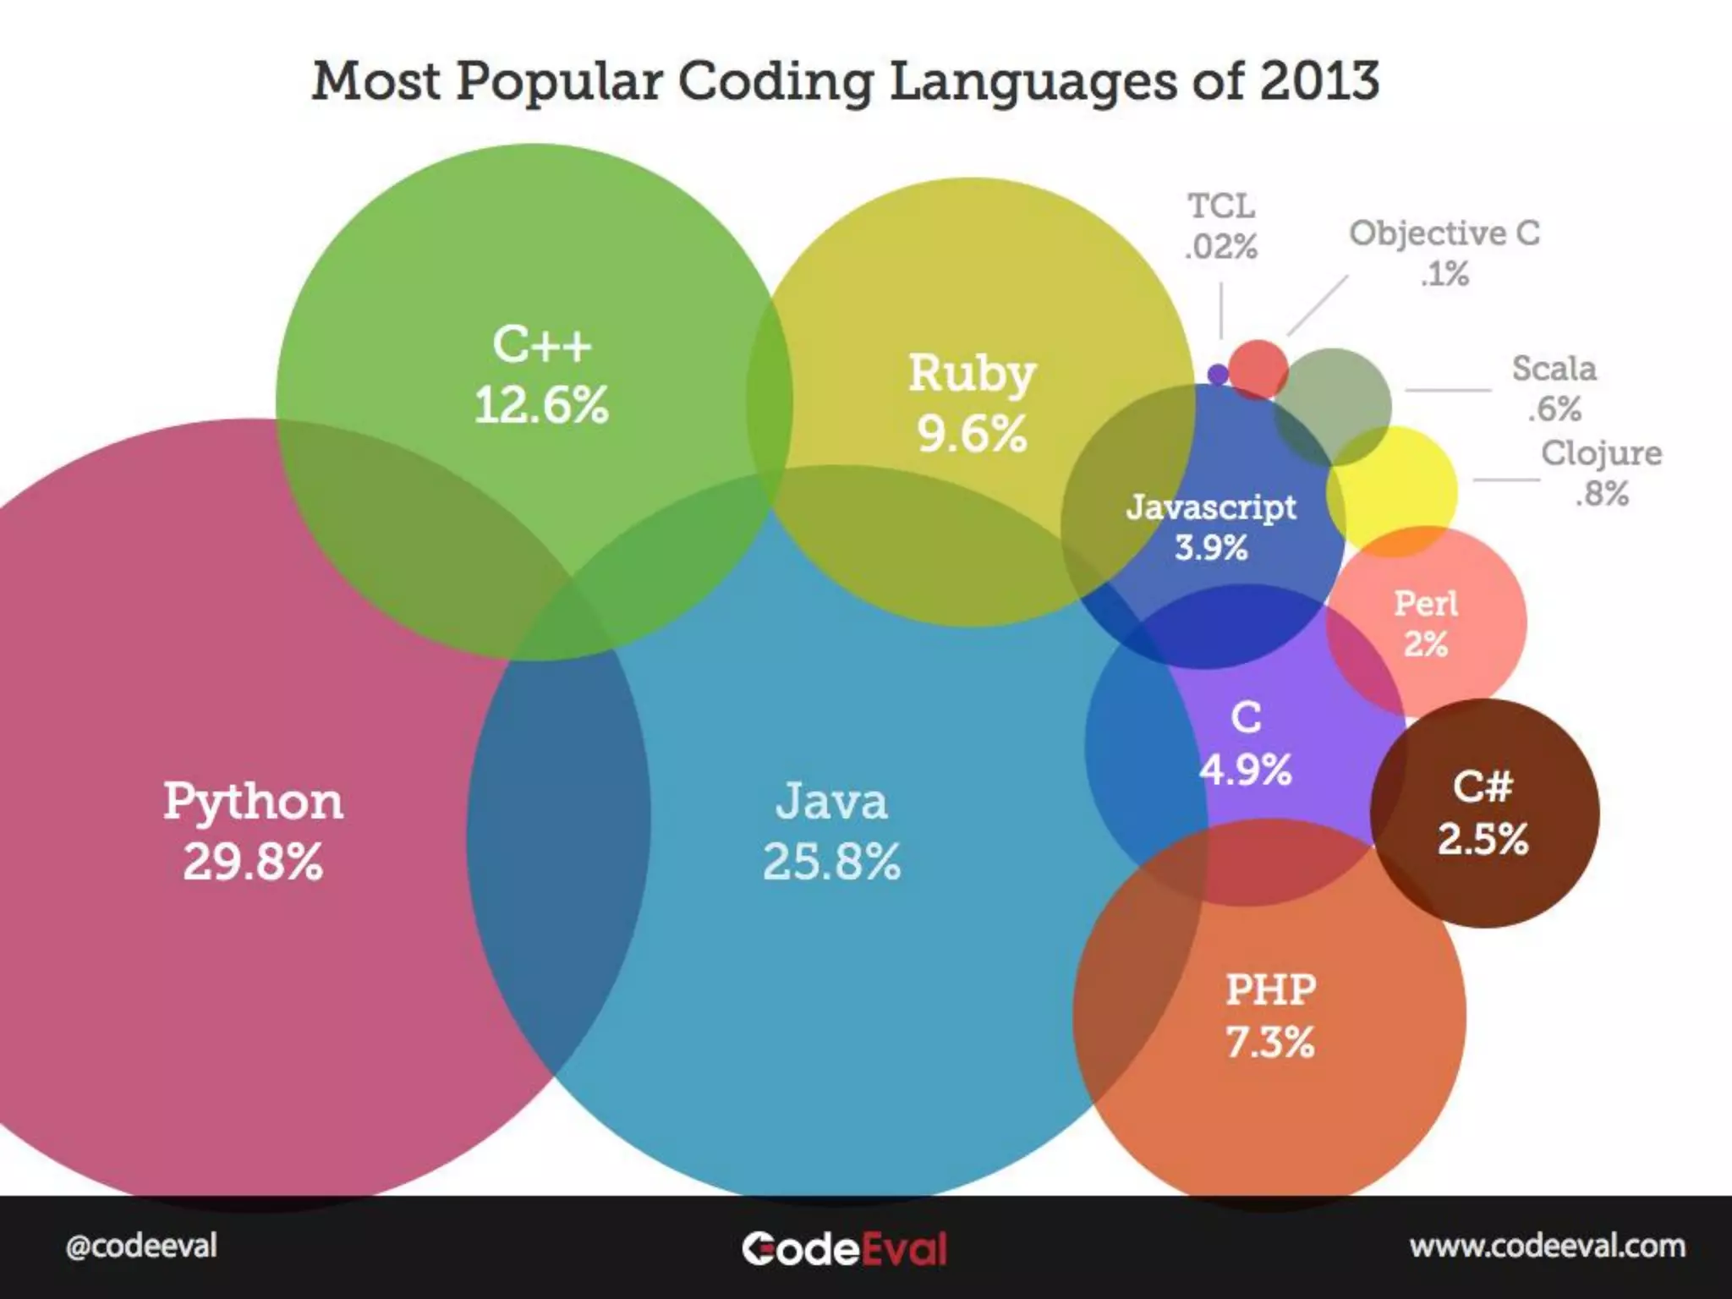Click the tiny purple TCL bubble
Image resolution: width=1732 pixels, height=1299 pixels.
(x=1218, y=374)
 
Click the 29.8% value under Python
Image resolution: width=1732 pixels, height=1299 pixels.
(x=253, y=862)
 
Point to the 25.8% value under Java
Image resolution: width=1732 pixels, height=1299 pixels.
(x=831, y=862)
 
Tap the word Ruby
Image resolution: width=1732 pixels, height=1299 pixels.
(x=972, y=374)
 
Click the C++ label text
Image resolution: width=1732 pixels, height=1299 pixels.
(x=541, y=345)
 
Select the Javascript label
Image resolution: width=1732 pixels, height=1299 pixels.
(x=1211, y=507)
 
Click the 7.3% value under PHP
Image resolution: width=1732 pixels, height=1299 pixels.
(x=1270, y=1042)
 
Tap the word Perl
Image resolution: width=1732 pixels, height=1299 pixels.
(x=1426, y=604)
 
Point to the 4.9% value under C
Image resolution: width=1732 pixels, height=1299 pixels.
(x=1246, y=770)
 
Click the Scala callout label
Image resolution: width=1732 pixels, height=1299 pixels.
(x=1554, y=369)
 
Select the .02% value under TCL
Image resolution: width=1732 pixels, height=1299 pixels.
(x=1221, y=247)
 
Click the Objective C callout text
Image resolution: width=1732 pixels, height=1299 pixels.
(x=1444, y=233)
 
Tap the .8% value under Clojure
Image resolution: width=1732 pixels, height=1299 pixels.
(x=1601, y=494)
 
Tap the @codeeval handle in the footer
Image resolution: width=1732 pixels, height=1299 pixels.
(x=141, y=1246)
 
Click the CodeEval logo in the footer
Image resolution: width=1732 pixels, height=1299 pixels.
(x=844, y=1248)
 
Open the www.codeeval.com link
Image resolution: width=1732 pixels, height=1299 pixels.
(x=1547, y=1246)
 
